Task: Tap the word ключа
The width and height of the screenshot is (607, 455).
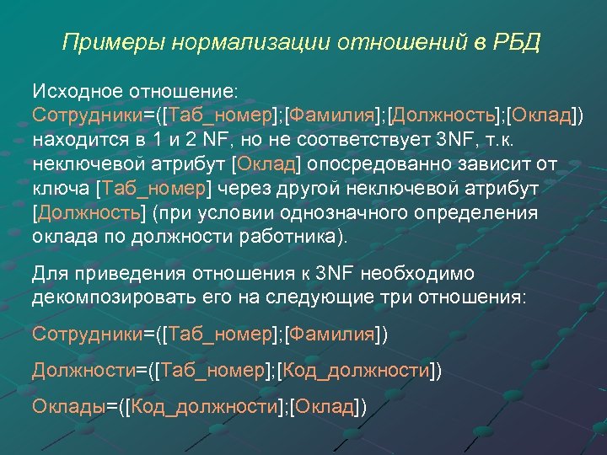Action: pos(62,187)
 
